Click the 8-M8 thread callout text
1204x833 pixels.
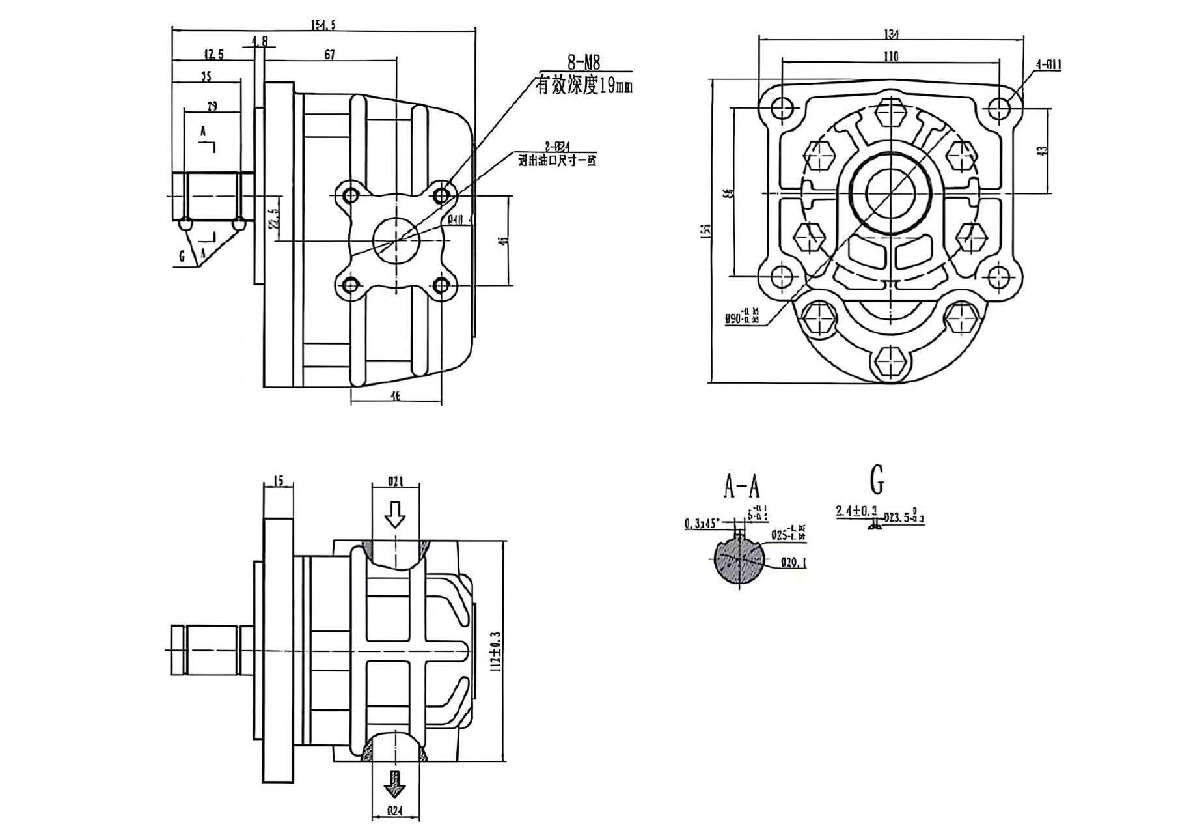tap(583, 63)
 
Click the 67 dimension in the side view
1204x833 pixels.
tap(330, 55)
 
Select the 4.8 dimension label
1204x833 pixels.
tap(260, 41)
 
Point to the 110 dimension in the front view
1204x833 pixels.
tap(890, 57)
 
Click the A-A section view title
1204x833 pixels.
tap(741, 485)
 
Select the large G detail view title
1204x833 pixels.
tap(877, 480)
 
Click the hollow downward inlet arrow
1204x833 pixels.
tap(394, 516)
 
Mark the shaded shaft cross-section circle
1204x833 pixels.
tap(739, 561)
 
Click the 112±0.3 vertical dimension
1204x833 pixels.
tap(497, 651)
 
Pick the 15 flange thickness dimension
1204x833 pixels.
tap(278, 481)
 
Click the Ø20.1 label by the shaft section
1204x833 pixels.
tap(793, 562)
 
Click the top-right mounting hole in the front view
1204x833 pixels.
tap(1000, 107)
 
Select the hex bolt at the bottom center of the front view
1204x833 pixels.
tap(891, 361)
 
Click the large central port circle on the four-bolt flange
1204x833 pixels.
tap(396, 240)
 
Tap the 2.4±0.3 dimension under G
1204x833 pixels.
tap(857, 511)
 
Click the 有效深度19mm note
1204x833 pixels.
tap(583, 85)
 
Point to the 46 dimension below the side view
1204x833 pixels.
tap(395, 395)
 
